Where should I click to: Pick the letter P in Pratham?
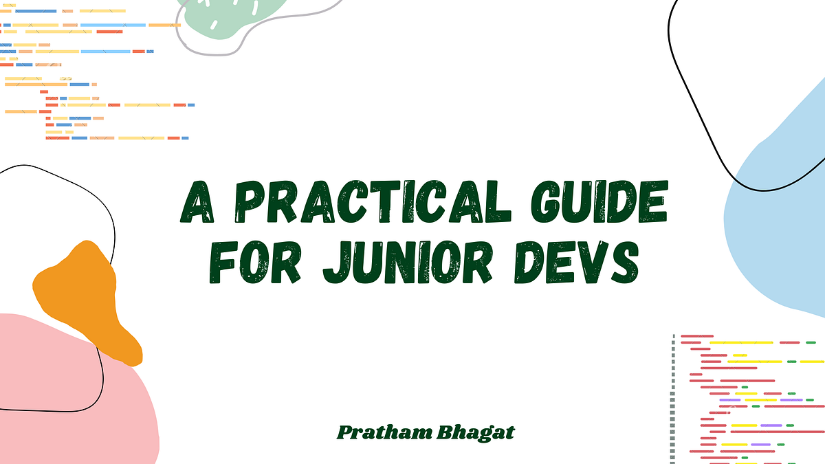pyautogui.click(x=344, y=433)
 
